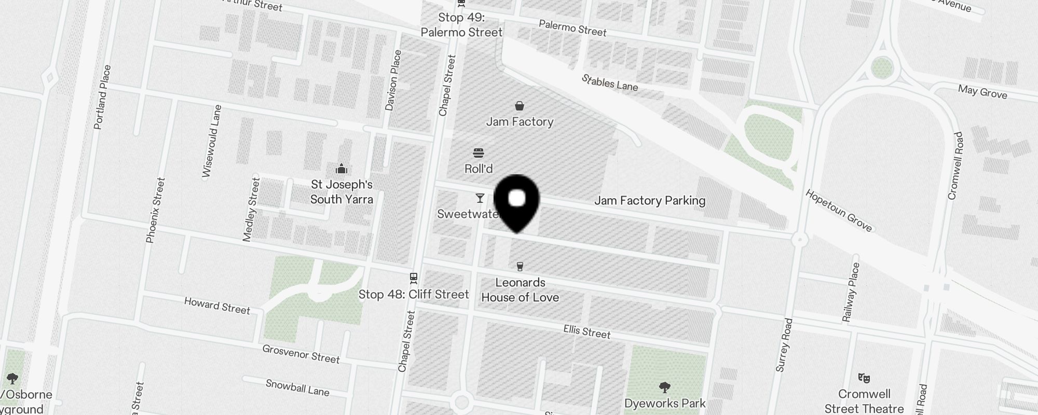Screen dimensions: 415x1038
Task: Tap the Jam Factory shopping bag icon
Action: [520, 106]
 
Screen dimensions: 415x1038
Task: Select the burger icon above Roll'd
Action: [479, 153]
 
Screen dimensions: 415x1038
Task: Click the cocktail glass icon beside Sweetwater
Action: [480, 198]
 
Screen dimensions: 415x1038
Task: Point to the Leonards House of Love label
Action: [520, 290]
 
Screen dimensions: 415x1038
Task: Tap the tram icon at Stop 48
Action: [414, 278]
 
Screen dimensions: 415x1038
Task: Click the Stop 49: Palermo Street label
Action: [461, 25]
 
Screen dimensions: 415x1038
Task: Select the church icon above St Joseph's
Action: [342, 169]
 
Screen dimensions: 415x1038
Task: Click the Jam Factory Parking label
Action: [650, 201]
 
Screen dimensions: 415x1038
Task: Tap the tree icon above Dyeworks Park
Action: [664, 388]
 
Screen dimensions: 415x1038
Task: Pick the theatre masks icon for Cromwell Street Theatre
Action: [864, 378]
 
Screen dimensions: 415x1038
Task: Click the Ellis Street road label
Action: [587, 331]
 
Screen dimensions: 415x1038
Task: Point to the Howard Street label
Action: [217, 306]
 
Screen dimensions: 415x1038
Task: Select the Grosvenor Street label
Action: [301, 354]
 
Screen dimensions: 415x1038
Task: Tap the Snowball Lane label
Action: [297, 388]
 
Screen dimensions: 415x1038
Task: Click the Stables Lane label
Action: [610, 82]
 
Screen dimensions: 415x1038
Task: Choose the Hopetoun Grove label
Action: [839, 210]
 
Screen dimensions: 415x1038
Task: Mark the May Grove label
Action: [982, 92]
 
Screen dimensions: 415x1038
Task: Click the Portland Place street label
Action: [102, 97]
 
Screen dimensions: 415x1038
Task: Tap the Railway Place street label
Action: [851, 293]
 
